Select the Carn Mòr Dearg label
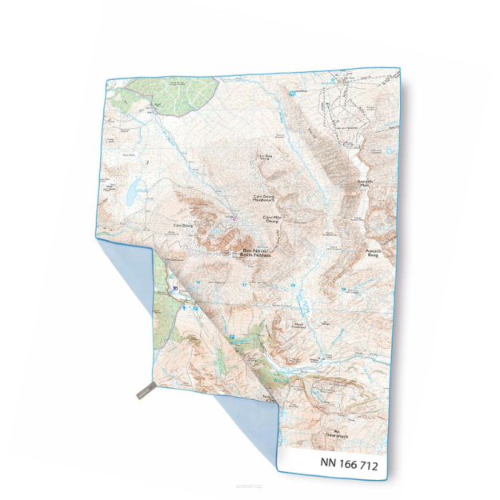[x=273, y=220]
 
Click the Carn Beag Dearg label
[x=263, y=156]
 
